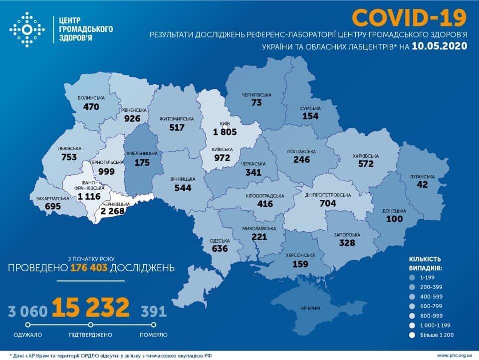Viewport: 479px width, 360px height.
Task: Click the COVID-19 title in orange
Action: [x=409, y=17]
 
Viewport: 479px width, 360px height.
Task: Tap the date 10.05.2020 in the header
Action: [x=440, y=46]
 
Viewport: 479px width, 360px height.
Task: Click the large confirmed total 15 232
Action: [x=91, y=308]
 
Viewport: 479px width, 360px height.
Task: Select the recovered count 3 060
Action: [x=28, y=312]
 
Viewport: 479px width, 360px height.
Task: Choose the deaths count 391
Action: [x=153, y=312]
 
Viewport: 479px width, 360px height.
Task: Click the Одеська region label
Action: [x=219, y=240]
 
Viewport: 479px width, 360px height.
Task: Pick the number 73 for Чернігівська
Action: [x=256, y=102]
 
